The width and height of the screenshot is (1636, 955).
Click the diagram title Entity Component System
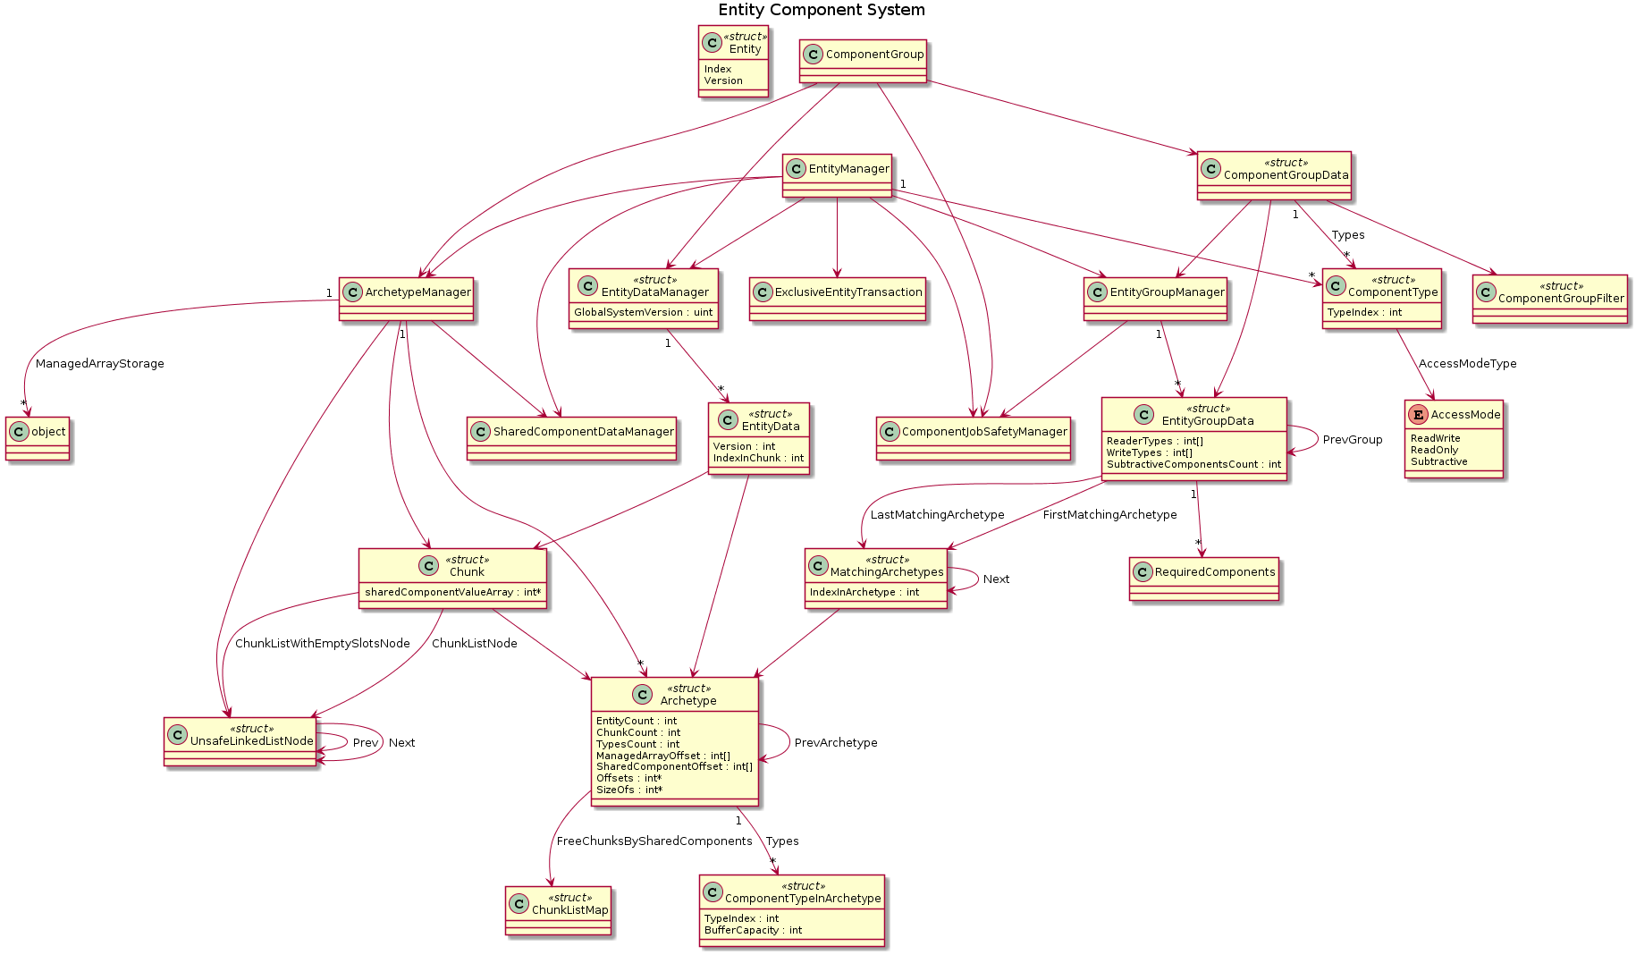(821, 10)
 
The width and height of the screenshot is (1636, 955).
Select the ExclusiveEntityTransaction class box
(838, 299)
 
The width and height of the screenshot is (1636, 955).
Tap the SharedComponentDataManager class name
(583, 432)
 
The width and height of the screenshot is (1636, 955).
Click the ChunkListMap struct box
(558, 910)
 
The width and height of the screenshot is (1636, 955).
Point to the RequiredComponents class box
(1203, 579)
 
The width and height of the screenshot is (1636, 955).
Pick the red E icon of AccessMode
(1417, 415)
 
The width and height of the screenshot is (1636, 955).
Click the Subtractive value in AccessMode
(1438, 461)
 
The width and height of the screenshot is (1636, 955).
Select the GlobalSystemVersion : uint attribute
(644, 312)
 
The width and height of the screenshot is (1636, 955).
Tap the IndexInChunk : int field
(758, 458)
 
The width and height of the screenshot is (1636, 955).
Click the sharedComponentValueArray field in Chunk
(452, 592)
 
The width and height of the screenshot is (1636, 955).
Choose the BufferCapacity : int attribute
(753, 930)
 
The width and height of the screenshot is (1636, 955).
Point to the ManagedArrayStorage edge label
(100, 364)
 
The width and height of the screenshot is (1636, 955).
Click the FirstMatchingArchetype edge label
(1109, 515)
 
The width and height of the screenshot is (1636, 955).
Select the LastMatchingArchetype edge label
(937, 515)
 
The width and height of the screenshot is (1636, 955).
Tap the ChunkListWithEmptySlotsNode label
(322, 644)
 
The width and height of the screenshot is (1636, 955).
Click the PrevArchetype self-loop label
(835, 743)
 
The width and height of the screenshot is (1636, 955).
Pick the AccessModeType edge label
(1467, 364)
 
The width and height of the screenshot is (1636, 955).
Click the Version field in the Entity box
(723, 80)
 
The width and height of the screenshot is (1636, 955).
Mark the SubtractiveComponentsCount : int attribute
(1193, 464)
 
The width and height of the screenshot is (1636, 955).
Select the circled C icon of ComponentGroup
(813, 55)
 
